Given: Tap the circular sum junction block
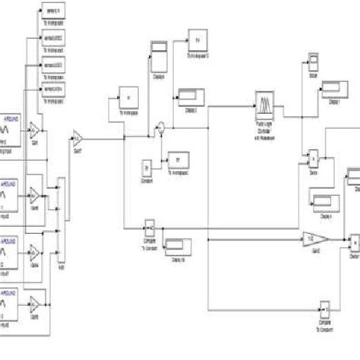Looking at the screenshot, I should (160, 128).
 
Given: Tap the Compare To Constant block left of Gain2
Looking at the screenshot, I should (150, 227).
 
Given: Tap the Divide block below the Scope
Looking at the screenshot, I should (311, 161).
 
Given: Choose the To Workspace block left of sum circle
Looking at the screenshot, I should (128, 98).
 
